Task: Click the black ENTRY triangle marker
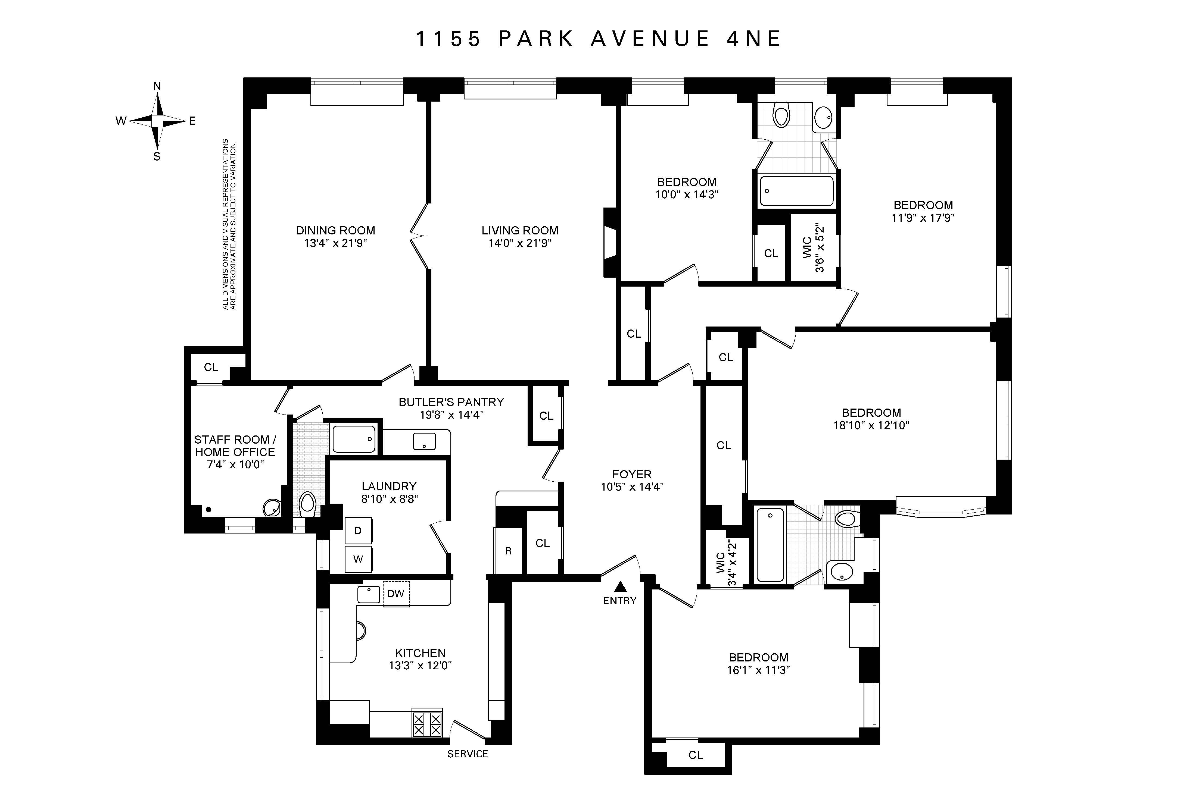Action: (x=620, y=587)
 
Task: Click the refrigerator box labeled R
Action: (x=508, y=551)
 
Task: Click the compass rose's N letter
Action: (x=157, y=86)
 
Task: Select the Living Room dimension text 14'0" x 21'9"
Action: (x=520, y=243)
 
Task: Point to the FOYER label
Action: (x=631, y=474)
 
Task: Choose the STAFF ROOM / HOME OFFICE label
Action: (x=235, y=446)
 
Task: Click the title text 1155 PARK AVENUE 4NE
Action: (x=598, y=39)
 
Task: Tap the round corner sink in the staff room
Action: (x=272, y=507)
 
